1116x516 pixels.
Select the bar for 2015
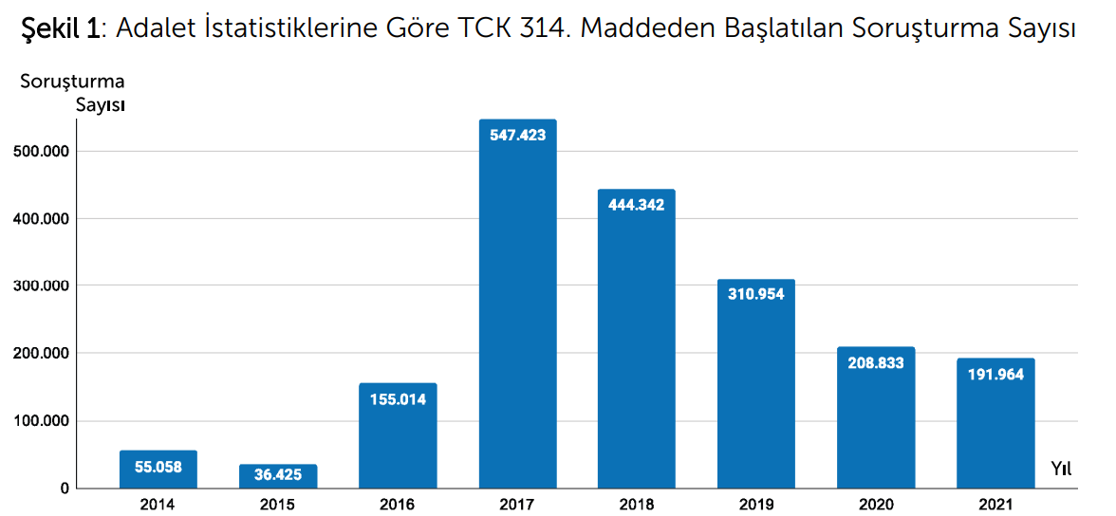click(278, 477)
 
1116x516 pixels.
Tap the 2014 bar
click(158, 470)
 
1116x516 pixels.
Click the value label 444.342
click(637, 205)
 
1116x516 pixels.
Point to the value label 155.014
click(398, 399)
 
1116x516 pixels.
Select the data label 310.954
click(756, 294)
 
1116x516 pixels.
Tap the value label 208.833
click(875, 362)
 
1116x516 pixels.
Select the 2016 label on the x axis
click(397, 505)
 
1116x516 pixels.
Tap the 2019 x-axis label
click(755, 505)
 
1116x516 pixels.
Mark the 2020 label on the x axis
click(875, 505)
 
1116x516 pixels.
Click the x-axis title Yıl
click(1062, 468)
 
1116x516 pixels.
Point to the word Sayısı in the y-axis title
click(102, 104)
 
